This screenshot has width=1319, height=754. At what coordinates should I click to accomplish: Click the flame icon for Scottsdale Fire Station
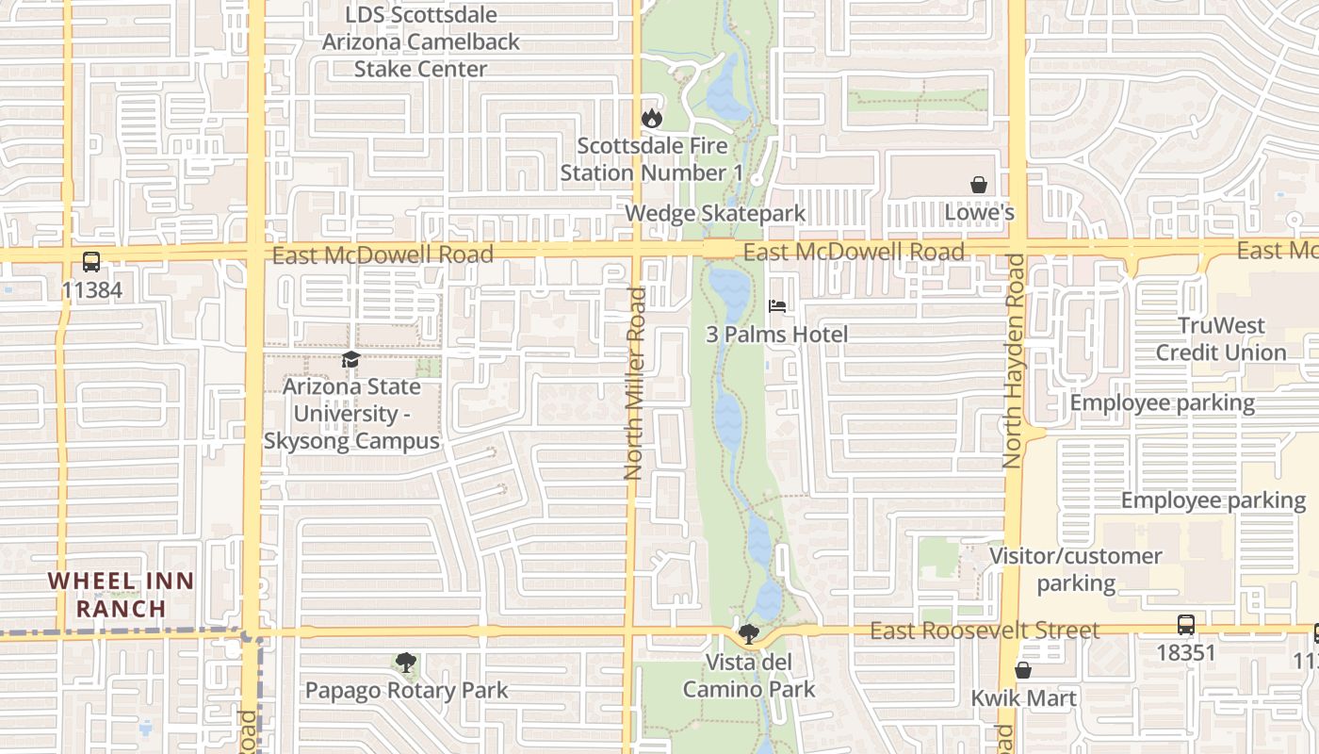tap(651, 119)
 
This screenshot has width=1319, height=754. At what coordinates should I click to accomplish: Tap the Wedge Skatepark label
tap(715, 213)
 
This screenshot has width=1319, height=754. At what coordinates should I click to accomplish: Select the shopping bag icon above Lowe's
tap(979, 185)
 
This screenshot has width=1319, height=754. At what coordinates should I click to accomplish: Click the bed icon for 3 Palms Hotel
tap(777, 306)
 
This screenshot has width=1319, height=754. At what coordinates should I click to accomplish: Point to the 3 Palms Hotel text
tap(777, 335)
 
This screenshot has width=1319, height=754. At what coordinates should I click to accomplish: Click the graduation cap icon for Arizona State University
tap(350, 360)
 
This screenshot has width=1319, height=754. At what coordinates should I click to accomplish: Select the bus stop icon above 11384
tap(91, 262)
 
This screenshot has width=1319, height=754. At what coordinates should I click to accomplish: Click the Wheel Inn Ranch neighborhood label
tap(121, 595)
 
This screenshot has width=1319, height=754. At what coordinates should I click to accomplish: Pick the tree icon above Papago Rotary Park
tap(406, 663)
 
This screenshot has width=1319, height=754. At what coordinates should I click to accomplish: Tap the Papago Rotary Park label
tap(406, 691)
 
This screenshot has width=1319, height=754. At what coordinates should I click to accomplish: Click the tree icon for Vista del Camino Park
tap(749, 634)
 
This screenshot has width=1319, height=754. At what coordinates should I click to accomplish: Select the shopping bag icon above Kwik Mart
tap(1023, 670)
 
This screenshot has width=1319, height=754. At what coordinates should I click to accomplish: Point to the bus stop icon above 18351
tap(1186, 625)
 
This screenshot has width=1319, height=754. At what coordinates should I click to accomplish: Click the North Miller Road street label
tap(636, 383)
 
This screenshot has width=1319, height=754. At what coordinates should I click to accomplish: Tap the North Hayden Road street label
tap(1014, 360)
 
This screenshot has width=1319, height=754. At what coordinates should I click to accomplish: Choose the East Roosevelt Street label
tap(984, 631)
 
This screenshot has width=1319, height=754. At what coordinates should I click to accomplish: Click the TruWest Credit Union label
tap(1221, 339)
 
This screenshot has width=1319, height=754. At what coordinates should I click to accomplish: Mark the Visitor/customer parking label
tap(1075, 569)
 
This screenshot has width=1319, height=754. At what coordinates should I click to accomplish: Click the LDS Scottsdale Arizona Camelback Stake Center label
tap(420, 42)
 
